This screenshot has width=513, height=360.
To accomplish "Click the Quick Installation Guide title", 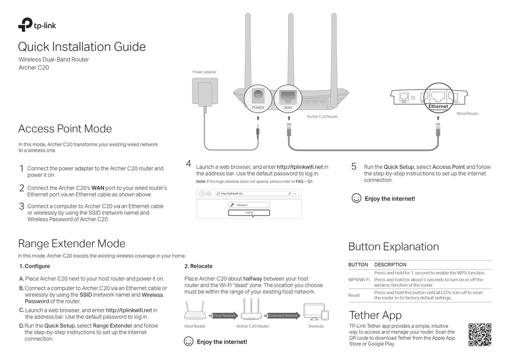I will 82,47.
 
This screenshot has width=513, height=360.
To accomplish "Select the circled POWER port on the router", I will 258,98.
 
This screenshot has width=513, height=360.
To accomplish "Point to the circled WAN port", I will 288,98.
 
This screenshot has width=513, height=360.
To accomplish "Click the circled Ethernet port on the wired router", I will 438,98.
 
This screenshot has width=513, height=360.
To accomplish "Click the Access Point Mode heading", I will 65,128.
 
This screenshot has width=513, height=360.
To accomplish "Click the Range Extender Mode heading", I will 71,243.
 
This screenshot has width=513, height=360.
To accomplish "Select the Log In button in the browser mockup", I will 248,213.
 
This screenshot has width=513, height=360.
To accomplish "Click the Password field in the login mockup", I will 248,205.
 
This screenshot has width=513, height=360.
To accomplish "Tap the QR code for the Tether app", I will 480,335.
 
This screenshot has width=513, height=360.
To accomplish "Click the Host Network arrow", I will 225,316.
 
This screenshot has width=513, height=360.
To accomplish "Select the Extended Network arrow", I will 283,316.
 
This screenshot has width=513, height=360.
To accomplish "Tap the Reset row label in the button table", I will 354,295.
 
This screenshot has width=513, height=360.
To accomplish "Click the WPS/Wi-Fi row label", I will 359,280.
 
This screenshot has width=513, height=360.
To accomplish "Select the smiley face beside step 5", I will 356,198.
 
